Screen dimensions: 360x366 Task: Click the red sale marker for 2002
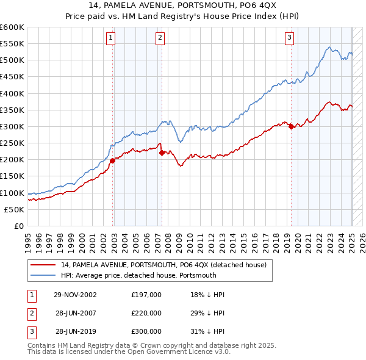[x=113, y=161]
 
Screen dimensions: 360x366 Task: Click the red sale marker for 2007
[x=162, y=153]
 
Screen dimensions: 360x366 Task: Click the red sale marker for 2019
[x=291, y=127]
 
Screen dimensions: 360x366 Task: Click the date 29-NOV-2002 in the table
[x=75, y=295]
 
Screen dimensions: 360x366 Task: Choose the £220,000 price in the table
[x=146, y=313]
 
